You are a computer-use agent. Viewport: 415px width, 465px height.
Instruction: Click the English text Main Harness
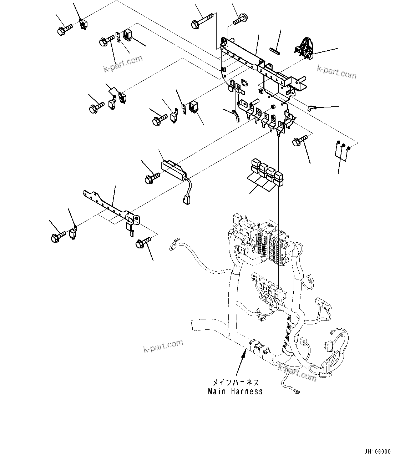pos(235,391)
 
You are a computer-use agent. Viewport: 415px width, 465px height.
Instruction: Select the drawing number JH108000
pos(378,451)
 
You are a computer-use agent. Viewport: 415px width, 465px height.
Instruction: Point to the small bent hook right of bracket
pos(312,107)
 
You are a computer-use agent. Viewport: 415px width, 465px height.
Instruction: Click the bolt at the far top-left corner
pos(64,29)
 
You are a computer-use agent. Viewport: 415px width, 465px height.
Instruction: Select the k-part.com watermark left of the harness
pos(163,345)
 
